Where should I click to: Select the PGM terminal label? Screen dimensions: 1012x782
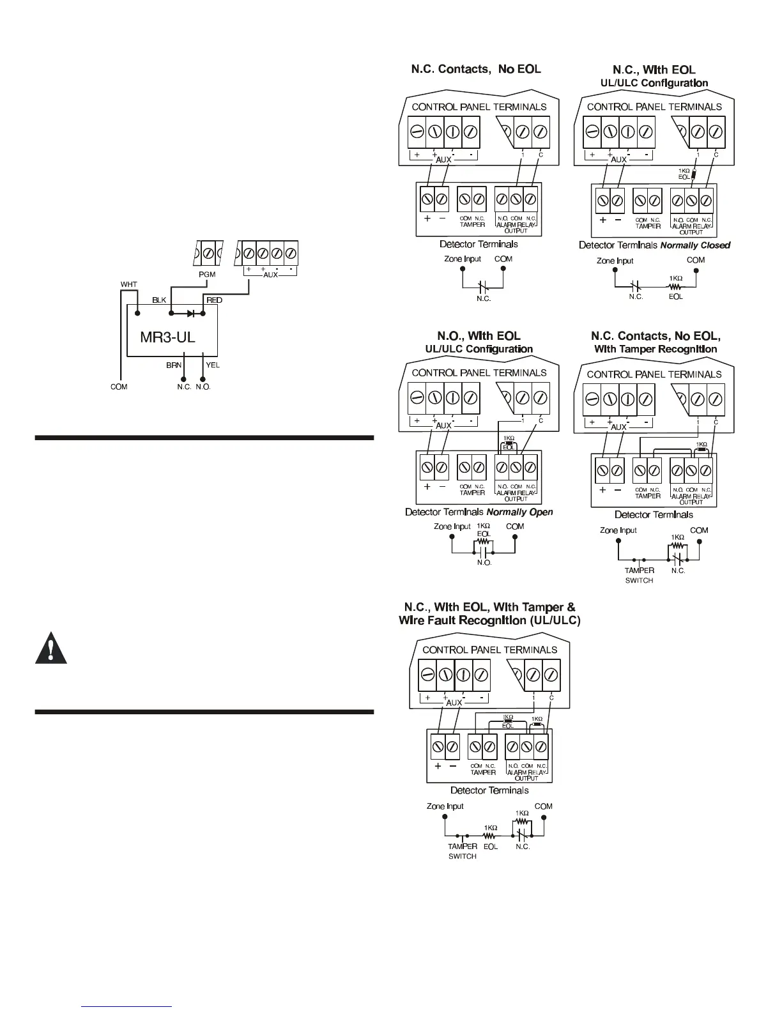(x=207, y=274)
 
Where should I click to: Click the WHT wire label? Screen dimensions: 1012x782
(x=129, y=284)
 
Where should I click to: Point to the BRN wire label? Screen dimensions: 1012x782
(x=174, y=365)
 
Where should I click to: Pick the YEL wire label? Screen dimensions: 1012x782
(x=213, y=365)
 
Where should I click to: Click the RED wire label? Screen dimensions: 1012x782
(x=214, y=300)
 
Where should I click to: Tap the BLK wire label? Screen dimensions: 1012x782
(x=159, y=300)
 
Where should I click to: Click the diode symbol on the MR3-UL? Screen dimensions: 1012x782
(x=191, y=314)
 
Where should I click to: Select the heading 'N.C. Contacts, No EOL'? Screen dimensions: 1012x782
(x=476, y=69)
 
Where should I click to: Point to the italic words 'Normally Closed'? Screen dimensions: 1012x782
(x=695, y=245)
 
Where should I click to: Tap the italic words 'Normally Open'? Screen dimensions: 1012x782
(x=519, y=512)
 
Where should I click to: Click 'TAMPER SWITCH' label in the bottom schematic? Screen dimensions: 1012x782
(x=462, y=851)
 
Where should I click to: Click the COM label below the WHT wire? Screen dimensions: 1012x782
(x=119, y=387)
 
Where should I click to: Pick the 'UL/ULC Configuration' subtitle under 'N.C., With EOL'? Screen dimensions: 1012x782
(x=654, y=83)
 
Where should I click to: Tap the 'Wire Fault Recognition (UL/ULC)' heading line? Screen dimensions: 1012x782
(x=489, y=620)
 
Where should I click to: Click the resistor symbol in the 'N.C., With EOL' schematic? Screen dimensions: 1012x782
(x=675, y=287)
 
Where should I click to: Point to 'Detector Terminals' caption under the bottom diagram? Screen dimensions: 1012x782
(x=489, y=790)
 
